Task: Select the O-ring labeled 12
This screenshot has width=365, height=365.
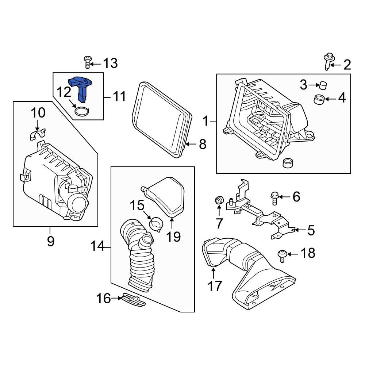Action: (x=82, y=111)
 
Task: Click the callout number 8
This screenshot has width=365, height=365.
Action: (x=202, y=145)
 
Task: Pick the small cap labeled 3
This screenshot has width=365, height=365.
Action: (x=323, y=86)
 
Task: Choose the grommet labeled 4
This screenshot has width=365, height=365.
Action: (x=319, y=99)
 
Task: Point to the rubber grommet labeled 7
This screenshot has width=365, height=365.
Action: (x=219, y=200)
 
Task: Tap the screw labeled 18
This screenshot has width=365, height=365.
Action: (x=282, y=254)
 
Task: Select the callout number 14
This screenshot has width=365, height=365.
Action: (x=98, y=248)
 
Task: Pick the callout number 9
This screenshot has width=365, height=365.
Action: (x=50, y=241)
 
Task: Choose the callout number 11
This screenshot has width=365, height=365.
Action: (x=119, y=97)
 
